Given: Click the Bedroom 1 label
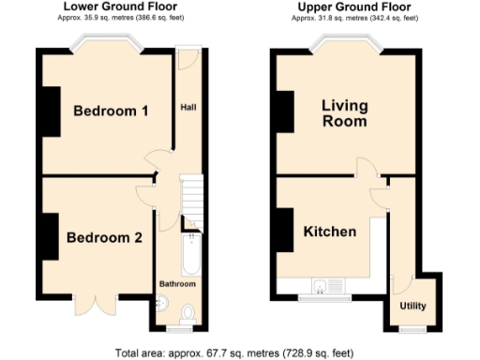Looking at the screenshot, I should pos(111,112).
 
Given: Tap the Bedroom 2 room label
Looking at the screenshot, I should pos(104,237).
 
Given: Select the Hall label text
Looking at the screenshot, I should pos(187,107).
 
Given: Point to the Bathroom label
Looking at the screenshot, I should pos(176,283).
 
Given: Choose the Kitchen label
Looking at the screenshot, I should pos(329,232).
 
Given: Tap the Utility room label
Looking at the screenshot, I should pos(412,307).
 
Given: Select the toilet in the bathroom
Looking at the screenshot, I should pos(188,312).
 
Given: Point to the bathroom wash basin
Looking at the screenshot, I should pos(160,303).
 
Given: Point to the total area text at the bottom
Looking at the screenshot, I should pos(234,353).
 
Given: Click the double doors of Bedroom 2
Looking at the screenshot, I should pos(96,304).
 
